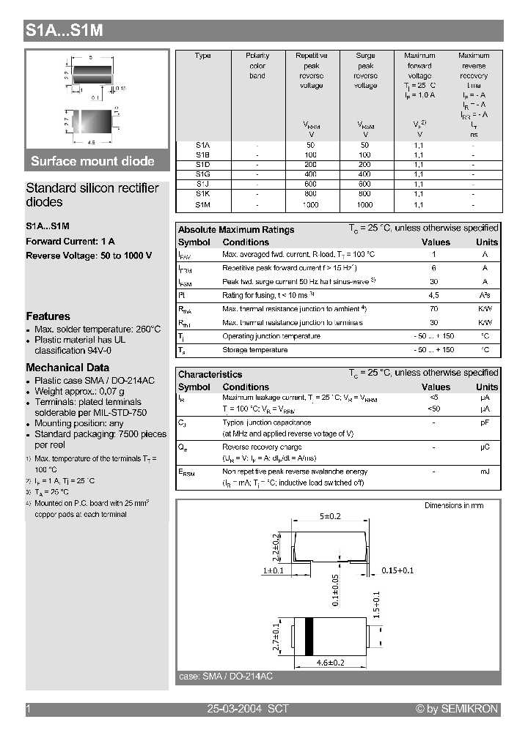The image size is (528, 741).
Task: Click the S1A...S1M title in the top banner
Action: point(64,31)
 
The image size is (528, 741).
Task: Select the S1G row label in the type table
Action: point(203,175)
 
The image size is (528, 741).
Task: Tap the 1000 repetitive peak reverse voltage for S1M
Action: point(311,206)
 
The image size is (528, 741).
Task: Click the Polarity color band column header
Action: point(257,66)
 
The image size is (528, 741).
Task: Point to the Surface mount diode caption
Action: point(92,161)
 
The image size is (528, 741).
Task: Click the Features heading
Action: point(48,316)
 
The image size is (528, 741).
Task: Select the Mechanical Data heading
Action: point(67,368)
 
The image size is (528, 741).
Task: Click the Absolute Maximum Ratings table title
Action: point(236,230)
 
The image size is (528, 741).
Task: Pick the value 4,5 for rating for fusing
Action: point(433,295)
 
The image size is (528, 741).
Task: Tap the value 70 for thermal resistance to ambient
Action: point(433,309)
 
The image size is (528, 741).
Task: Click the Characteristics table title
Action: point(210,374)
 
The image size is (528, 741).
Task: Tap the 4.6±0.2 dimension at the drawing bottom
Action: point(330,663)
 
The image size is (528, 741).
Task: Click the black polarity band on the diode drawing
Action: point(309,634)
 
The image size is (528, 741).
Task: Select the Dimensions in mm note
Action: point(454,506)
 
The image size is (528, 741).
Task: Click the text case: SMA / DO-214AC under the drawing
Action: point(225,677)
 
